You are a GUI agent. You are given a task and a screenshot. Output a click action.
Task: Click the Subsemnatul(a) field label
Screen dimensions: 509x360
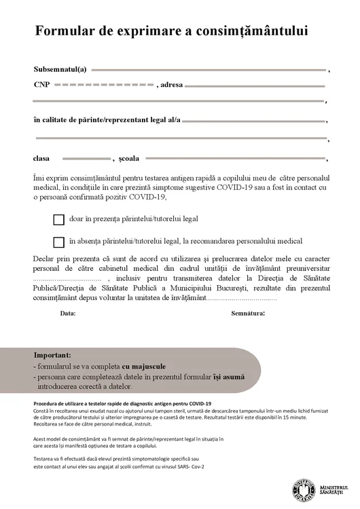[x=60, y=69]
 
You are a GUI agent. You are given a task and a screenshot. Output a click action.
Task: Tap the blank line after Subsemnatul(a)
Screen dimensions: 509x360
[x=208, y=69]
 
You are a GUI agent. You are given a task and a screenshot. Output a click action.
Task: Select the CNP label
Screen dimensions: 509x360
[x=41, y=85]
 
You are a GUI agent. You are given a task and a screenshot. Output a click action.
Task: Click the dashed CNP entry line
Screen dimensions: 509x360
[x=103, y=85]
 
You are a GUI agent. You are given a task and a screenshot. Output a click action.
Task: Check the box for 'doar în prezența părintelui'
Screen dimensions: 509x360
[x=58, y=220]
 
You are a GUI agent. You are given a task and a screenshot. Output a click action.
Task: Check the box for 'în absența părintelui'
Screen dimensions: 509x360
[x=58, y=242]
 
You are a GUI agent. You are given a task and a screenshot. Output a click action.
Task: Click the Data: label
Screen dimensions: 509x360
[x=68, y=314]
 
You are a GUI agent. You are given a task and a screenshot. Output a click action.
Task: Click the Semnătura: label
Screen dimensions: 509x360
[x=248, y=314]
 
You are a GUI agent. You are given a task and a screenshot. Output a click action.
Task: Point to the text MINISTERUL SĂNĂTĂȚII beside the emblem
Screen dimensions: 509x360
[x=332, y=489]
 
